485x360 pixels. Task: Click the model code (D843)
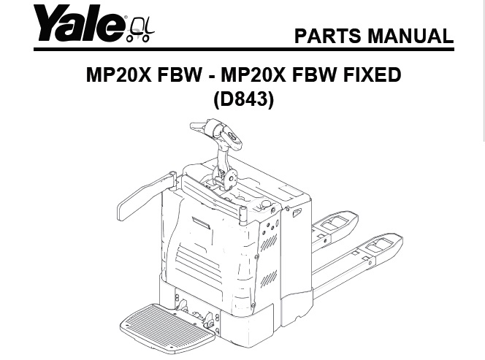coord(243,99)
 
